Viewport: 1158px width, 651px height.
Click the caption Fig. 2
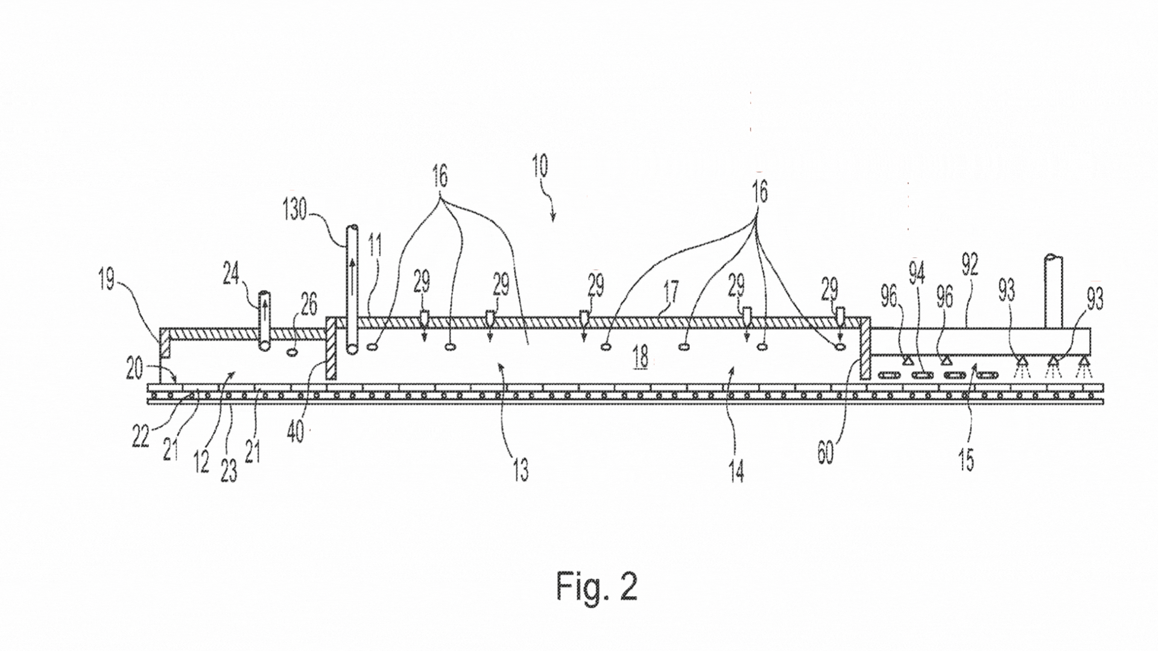coord(596,586)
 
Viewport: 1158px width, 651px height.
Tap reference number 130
coord(295,210)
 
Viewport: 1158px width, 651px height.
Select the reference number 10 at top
coord(540,167)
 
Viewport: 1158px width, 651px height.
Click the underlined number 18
coord(641,358)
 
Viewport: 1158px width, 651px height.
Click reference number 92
coord(969,265)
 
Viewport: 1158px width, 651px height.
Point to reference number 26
coord(308,305)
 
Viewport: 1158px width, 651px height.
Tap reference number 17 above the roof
coord(670,293)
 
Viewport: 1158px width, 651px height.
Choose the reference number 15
coord(966,460)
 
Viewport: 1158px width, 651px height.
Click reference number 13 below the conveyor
coord(520,469)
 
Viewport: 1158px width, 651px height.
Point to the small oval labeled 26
coord(293,351)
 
